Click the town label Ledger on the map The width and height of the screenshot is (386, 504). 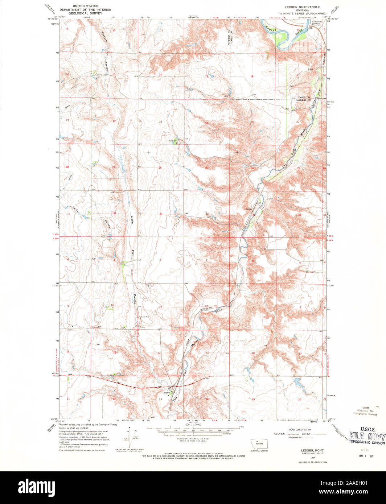pos(166,392)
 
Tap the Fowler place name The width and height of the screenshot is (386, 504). pos(249,209)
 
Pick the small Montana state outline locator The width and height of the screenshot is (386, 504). pos(259,444)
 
